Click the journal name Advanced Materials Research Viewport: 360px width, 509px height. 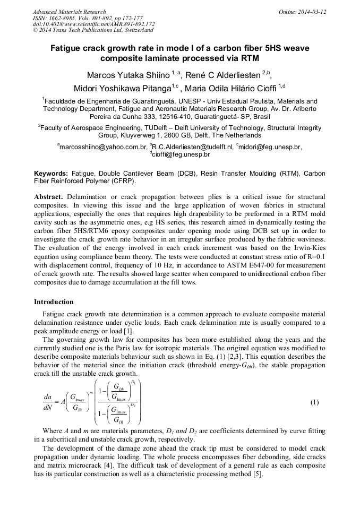69,12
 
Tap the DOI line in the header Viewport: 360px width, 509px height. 93,24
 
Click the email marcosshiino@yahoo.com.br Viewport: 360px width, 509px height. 102,147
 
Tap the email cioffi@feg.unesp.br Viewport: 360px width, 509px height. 181,155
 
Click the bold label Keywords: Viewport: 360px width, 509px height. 51,174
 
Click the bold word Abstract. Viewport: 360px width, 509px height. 48,197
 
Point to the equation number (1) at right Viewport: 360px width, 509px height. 314,402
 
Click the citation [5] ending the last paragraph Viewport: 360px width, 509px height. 258,473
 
